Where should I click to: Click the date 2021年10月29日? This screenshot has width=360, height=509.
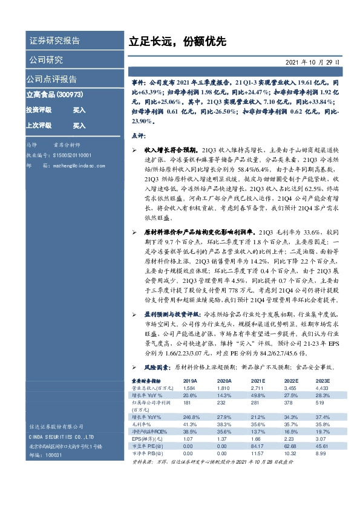click(312, 62)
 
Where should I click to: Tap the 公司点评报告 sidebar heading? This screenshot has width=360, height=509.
click(51, 79)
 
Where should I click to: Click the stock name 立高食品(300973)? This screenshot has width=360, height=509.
click(54, 95)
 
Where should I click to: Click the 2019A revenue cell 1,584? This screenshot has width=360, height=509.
click(190, 387)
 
